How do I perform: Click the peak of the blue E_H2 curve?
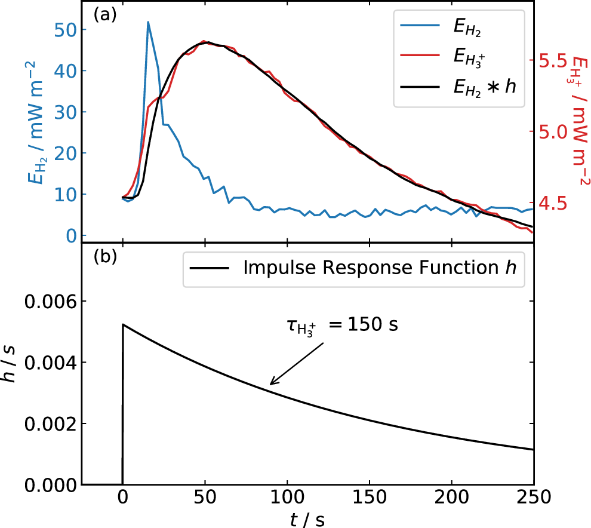point(148,22)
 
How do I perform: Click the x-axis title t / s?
point(308,519)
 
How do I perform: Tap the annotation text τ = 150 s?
point(340,327)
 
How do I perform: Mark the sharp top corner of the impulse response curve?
point(123,324)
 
